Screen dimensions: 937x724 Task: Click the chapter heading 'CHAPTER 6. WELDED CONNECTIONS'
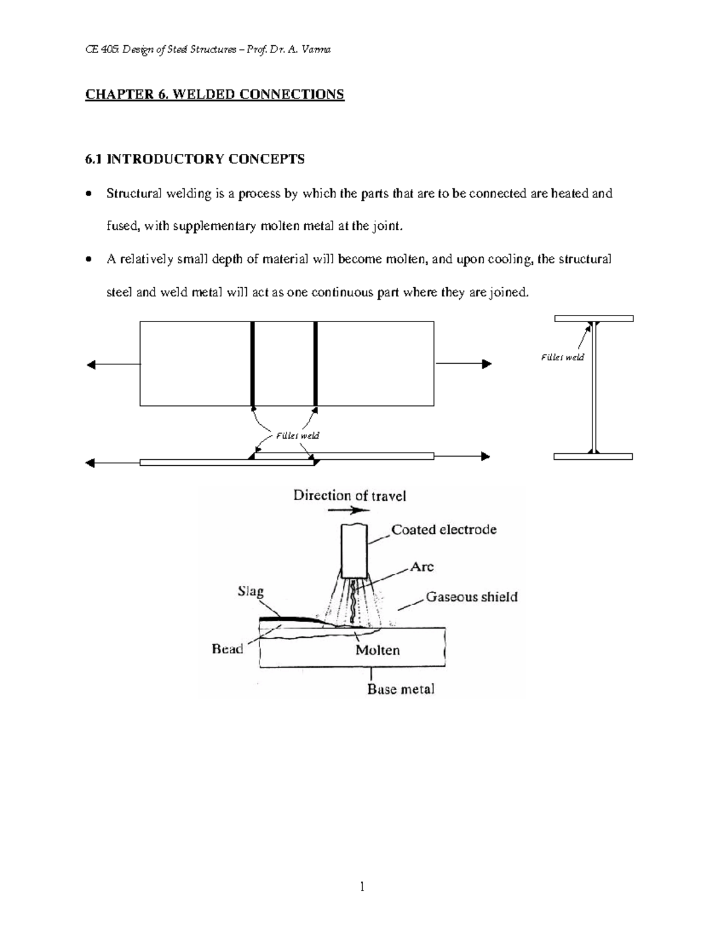pyautogui.click(x=214, y=95)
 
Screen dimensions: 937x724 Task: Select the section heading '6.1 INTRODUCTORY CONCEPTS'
pyautogui.click(x=195, y=159)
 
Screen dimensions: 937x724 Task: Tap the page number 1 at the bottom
pyautogui.click(x=362, y=886)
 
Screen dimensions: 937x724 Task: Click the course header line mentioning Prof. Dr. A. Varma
pyautogui.click(x=208, y=49)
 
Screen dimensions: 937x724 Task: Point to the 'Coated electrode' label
pyautogui.click(x=443, y=530)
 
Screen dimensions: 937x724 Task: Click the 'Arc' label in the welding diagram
pyautogui.click(x=422, y=567)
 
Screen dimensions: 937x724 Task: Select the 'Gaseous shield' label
pyautogui.click(x=471, y=597)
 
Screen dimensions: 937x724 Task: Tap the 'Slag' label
pyautogui.click(x=250, y=591)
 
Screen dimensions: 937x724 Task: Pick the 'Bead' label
pyautogui.click(x=227, y=649)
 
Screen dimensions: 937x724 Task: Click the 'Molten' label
pyautogui.click(x=377, y=650)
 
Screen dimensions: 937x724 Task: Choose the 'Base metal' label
pyautogui.click(x=401, y=689)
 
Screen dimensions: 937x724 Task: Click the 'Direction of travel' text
pyautogui.click(x=349, y=496)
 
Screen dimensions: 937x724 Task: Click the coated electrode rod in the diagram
pyautogui.click(x=354, y=550)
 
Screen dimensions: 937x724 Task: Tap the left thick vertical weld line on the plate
pyautogui.click(x=253, y=364)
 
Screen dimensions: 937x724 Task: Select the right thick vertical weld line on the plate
pyautogui.click(x=316, y=364)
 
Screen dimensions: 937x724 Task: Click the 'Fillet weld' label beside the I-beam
pyautogui.click(x=562, y=357)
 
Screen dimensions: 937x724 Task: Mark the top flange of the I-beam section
pyautogui.click(x=594, y=318)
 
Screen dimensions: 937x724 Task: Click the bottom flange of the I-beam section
pyautogui.click(x=593, y=457)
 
